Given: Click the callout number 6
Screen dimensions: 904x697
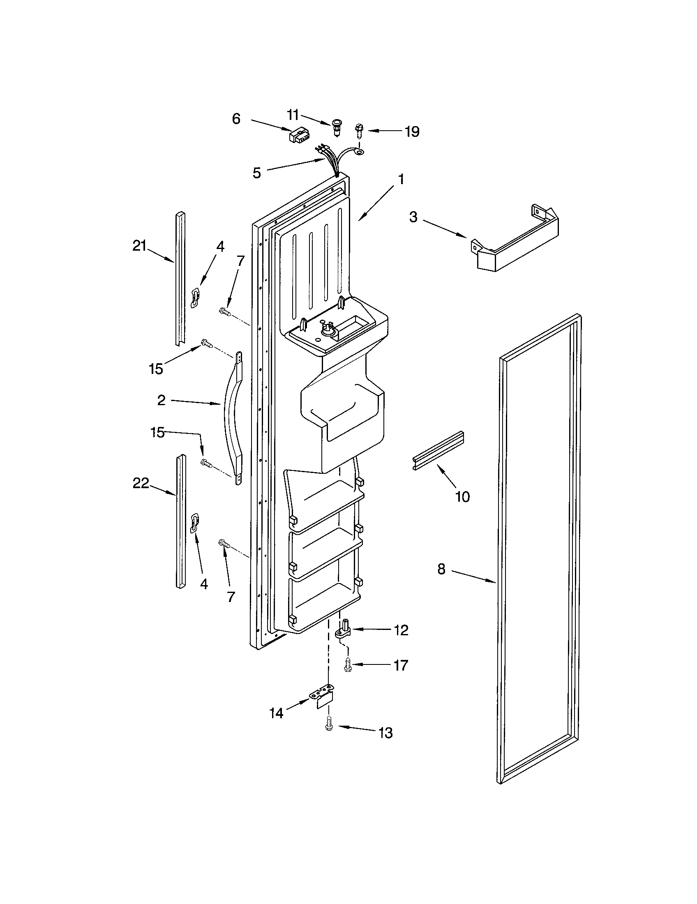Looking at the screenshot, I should pyautogui.click(x=236, y=119).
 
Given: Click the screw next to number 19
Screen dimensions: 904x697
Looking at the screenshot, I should pyautogui.click(x=358, y=131).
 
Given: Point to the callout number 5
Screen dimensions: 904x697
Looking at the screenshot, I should pyautogui.click(x=256, y=173).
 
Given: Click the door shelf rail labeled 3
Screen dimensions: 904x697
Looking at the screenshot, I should pyautogui.click(x=515, y=240).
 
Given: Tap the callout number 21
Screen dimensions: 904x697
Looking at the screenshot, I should pyautogui.click(x=139, y=246).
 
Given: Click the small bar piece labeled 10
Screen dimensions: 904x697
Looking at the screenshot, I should pyautogui.click(x=438, y=450).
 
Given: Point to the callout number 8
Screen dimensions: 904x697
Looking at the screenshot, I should pyautogui.click(x=441, y=569).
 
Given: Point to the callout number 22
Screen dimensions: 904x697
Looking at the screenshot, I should pyautogui.click(x=141, y=483).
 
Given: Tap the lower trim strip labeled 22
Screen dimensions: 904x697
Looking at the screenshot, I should pyautogui.click(x=181, y=521).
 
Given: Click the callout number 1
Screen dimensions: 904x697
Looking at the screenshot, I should pyautogui.click(x=401, y=179).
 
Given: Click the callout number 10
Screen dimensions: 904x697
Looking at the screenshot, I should pyautogui.click(x=462, y=496).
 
